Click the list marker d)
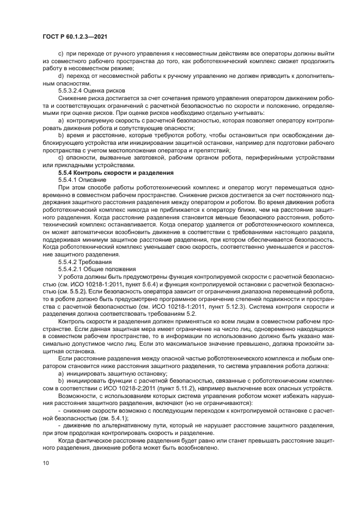pyautogui.click(x=60, y=75)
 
